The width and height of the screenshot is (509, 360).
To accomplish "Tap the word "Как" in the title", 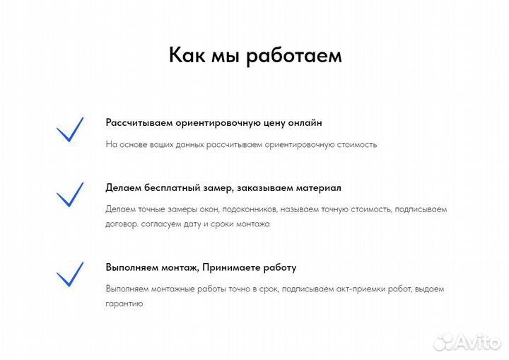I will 187,54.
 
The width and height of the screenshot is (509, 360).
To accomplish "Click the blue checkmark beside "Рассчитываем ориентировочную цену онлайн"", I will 69,129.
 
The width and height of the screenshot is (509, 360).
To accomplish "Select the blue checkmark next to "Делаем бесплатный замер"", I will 69,194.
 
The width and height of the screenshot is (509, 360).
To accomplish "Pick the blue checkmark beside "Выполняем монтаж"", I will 69,274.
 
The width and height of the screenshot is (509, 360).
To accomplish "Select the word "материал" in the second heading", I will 317,188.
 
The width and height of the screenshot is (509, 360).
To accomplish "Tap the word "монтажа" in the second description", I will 253,224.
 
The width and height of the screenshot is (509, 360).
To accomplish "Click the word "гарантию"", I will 124,304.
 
